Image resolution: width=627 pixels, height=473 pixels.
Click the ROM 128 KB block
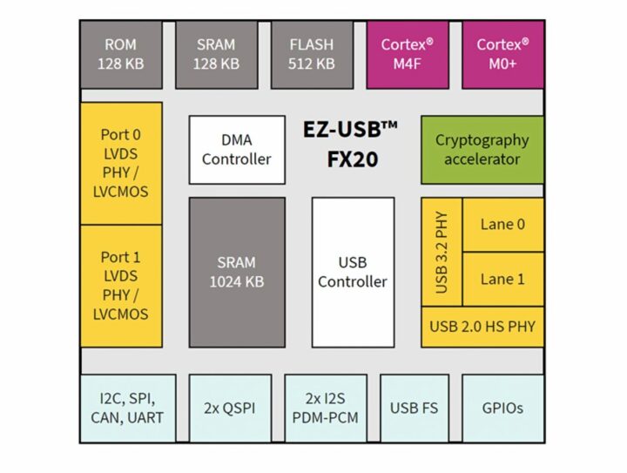[x=120, y=54]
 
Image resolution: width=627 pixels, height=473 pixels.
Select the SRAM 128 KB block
[x=217, y=54]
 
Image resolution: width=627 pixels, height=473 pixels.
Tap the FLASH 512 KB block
[x=313, y=54]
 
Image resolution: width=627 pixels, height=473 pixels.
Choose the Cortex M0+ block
[x=503, y=54]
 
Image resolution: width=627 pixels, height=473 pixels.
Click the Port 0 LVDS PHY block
[x=122, y=163]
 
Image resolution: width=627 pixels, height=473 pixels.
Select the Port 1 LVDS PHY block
[x=122, y=285]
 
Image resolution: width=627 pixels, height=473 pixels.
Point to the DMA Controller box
[x=237, y=150]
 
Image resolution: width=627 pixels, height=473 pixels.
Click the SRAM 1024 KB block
[x=237, y=272]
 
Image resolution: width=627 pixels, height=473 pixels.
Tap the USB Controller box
[x=352, y=272]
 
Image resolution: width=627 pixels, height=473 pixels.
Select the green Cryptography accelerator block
[x=482, y=150]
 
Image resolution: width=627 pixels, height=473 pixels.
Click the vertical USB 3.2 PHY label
[x=442, y=253]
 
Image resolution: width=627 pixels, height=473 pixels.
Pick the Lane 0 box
[x=502, y=225]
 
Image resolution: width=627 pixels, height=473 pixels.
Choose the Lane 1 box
[x=502, y=280]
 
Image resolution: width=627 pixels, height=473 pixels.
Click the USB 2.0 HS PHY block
[x=482, y=327]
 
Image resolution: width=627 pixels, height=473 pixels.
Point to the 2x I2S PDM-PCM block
[x=325, y=408]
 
